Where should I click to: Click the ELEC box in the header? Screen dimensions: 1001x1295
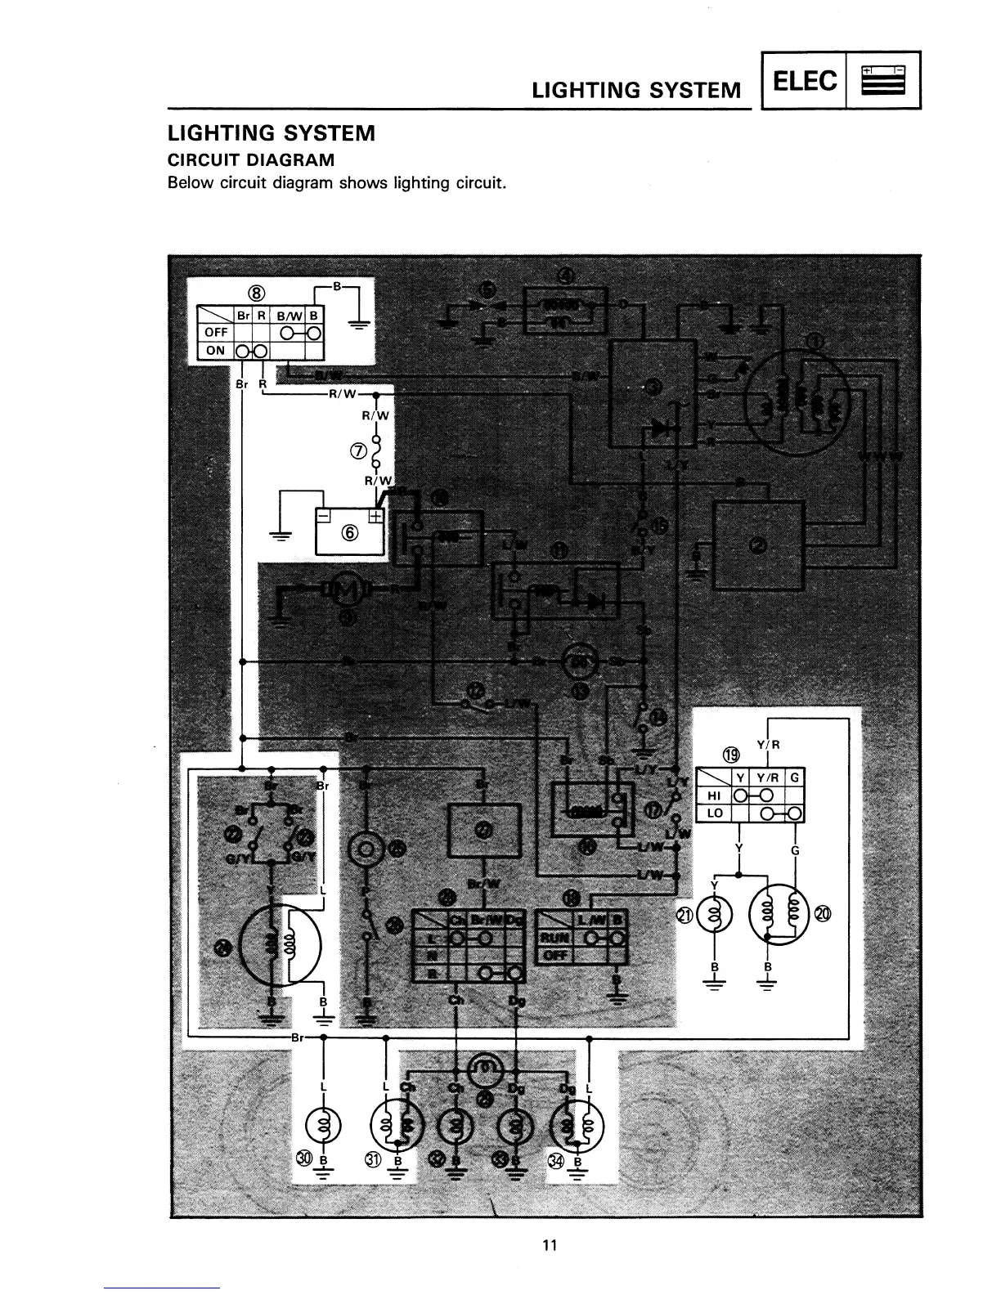pos(804,80)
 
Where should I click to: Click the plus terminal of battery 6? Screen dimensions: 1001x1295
pos(375,516)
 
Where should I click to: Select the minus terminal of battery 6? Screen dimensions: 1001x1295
pos(325,516)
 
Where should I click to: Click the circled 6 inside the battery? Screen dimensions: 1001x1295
pos(350,534)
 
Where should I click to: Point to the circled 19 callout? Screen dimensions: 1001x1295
pos(731,753)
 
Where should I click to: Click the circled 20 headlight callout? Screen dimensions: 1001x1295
pos(821,913)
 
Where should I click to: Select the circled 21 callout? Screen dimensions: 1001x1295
pos(683,915)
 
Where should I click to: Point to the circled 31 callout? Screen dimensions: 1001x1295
pos(374,1161)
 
